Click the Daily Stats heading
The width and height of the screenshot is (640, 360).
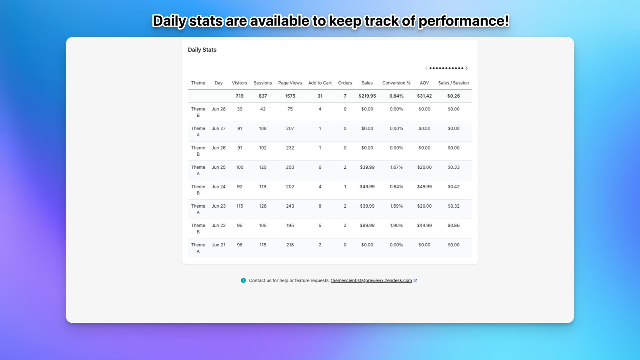(x=202, y=50)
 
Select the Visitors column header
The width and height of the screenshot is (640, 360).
(x=240, y=83)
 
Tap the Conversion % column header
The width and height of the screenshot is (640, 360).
(x=396, y=83)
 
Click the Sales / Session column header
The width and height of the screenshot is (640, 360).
(x=453, y=83)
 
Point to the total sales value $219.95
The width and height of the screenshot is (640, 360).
(x=367, y=96)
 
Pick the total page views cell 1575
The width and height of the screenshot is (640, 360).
(x=290, y=96)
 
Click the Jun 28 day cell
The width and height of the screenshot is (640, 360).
(x=218, y=109)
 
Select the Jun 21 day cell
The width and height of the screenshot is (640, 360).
(x=218, y=245)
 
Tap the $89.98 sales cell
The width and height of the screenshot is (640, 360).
(x=367, y=226)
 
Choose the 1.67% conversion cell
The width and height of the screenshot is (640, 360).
(x=396, y=167)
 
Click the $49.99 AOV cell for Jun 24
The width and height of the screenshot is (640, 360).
(x=424, y=187)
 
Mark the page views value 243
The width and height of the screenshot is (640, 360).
(x=290, y=206)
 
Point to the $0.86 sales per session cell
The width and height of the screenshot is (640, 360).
(x=453, y=226)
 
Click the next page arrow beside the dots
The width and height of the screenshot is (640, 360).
(x=466, y=68)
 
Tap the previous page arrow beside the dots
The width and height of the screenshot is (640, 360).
(x=426, y=68)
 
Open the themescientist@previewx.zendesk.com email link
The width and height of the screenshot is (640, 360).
(x=371, y=280)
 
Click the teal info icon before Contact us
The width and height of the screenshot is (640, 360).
(x=243, y=280)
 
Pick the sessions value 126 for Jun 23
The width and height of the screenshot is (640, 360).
(x=262, y=206)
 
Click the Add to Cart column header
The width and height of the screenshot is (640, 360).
(x=320, y=83)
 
